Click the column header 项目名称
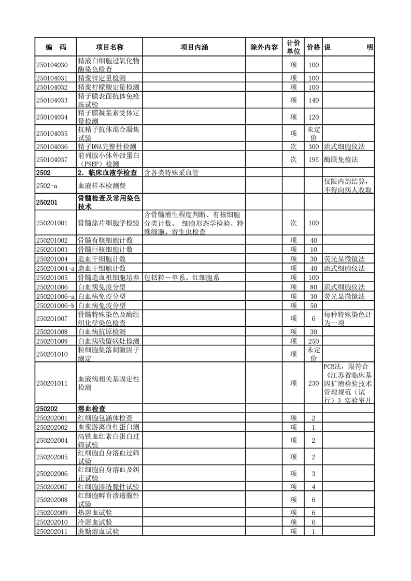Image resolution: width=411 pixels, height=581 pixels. tap(109, 47)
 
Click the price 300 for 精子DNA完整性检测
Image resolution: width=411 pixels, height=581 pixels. tap(313, 147)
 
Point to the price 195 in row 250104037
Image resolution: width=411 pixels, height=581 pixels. tap(313, 159)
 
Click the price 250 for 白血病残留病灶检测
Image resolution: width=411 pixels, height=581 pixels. tap(313, 341)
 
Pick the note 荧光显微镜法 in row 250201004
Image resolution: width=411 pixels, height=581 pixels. tap(344, 258)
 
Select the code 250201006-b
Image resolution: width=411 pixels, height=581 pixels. tap(55, 306)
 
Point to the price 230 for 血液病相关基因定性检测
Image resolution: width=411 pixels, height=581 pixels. tap(313, 383)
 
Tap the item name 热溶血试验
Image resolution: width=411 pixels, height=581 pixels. tap(95, 513)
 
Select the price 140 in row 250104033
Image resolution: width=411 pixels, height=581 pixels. tap(313, 100)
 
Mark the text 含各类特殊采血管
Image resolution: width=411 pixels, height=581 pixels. tap(172, 172)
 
